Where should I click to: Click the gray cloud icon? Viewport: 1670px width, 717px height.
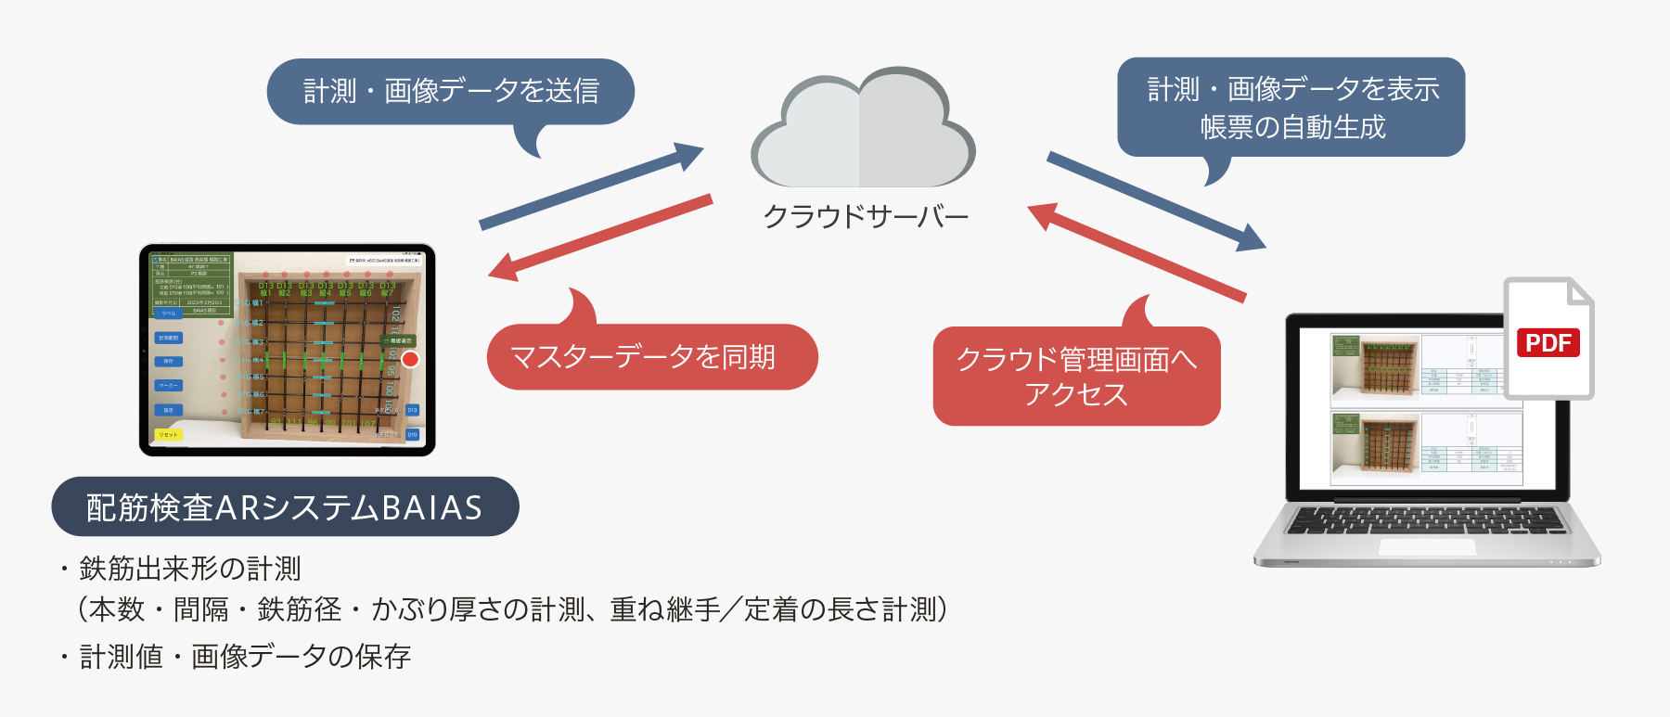(x=863, y=130)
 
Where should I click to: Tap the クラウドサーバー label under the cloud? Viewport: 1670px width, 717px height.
(x=865, y=216)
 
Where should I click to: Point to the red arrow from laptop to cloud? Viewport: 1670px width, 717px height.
(x=1137, y=251)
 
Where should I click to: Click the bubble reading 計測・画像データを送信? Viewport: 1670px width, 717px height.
(x=451, y=91)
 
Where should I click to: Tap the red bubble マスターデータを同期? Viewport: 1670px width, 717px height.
(x=651, y=357)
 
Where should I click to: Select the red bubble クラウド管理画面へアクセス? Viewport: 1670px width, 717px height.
(x=1076, y=376)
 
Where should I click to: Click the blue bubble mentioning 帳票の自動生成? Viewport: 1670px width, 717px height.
(x=1291, y=107)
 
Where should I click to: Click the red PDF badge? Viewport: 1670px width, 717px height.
(x=1548, y=343)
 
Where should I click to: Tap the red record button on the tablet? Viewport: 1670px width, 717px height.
(x=410, y=359)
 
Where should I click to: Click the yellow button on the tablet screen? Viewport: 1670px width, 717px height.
(x=168, y=434)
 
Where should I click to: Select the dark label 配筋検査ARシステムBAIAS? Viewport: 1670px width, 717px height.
(x=285, y=507)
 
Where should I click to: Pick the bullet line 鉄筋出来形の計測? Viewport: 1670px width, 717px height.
(x=190, y=569)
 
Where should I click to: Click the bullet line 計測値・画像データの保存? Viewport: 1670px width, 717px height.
(x=244, y=657)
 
